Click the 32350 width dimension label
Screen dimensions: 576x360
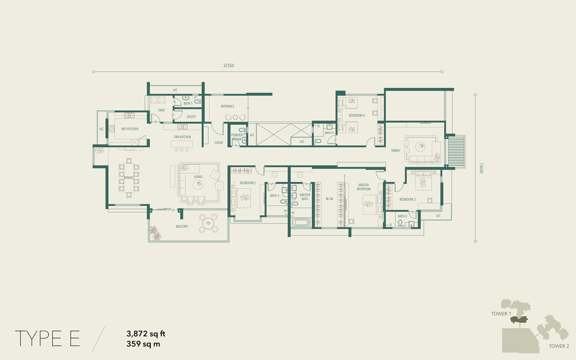(228, 65)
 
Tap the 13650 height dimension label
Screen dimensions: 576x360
(481, 168)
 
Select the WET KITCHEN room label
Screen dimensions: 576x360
(130, 129)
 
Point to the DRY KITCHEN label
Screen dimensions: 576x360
(182, 137)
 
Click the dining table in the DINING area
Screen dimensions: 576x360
(129, 178)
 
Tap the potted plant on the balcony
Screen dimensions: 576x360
(156, 233)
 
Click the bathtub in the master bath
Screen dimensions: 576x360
(301, 222)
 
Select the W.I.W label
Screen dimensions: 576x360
(329, 199)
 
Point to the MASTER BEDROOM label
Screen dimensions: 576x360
(364, 187)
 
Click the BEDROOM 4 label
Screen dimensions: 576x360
(357, 115)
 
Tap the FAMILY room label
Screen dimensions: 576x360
(396, 151)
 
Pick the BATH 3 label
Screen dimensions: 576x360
(402, 216)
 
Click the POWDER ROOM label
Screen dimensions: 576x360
(237, 137)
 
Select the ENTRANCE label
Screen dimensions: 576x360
(227, 106)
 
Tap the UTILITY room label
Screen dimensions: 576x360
(191, 117)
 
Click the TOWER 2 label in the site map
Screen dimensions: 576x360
(559, 346)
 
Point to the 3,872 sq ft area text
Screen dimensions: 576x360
(146, 334)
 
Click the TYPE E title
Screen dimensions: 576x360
(47, 339)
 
